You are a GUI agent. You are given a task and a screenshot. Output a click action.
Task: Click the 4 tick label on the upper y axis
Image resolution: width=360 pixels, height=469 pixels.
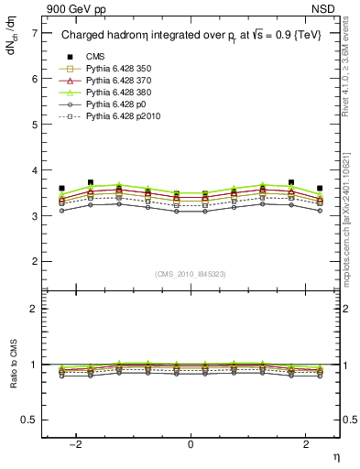point(34,170)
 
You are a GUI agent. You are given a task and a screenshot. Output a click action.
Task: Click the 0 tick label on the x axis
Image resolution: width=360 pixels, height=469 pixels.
point(191,443)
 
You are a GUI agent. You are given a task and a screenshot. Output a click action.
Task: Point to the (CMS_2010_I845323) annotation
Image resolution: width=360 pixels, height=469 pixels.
point(191,274)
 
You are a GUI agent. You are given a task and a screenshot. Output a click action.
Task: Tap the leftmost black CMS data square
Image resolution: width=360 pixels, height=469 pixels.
point(61,189)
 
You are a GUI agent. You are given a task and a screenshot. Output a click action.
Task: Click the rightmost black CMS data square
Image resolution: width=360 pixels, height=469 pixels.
point(320,189)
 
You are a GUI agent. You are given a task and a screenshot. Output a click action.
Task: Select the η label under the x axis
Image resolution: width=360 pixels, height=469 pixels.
point(334,455)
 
